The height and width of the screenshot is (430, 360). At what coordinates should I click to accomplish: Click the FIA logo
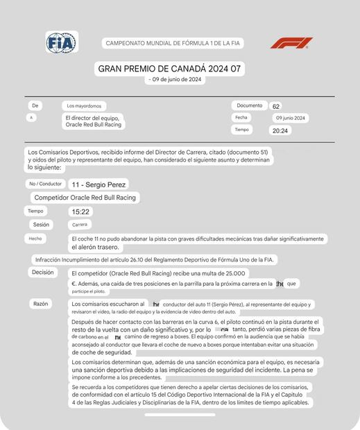[61, 42]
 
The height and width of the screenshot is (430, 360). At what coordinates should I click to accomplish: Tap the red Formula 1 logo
[291, 43]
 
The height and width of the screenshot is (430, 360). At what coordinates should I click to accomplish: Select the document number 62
[276, 107]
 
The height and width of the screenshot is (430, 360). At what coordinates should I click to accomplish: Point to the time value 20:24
[280, 130]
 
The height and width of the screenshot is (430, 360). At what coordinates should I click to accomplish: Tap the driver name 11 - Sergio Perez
[98, 184]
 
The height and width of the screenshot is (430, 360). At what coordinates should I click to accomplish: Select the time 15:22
[80, 212]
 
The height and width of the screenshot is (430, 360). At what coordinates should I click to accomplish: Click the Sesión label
[41, 225]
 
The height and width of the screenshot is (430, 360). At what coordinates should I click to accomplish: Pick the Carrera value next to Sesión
[79, 225]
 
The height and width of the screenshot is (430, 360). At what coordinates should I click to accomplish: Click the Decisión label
[42, 273]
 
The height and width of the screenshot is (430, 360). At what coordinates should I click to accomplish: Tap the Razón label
[40, 304]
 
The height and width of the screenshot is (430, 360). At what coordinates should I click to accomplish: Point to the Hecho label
[35, 239]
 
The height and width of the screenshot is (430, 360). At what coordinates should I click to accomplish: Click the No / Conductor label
[45, 184]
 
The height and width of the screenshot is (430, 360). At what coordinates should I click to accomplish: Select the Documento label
[249, 105]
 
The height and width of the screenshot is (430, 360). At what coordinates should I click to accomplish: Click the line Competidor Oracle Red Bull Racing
[85, 198]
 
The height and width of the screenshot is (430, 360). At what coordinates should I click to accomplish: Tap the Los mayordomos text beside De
[84, 106]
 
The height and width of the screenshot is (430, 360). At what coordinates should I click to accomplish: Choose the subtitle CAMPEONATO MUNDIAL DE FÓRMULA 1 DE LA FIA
[173, 43]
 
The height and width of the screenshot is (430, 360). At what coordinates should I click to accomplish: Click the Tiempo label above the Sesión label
[35, 211]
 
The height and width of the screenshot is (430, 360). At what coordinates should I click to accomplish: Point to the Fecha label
[241, 118]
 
